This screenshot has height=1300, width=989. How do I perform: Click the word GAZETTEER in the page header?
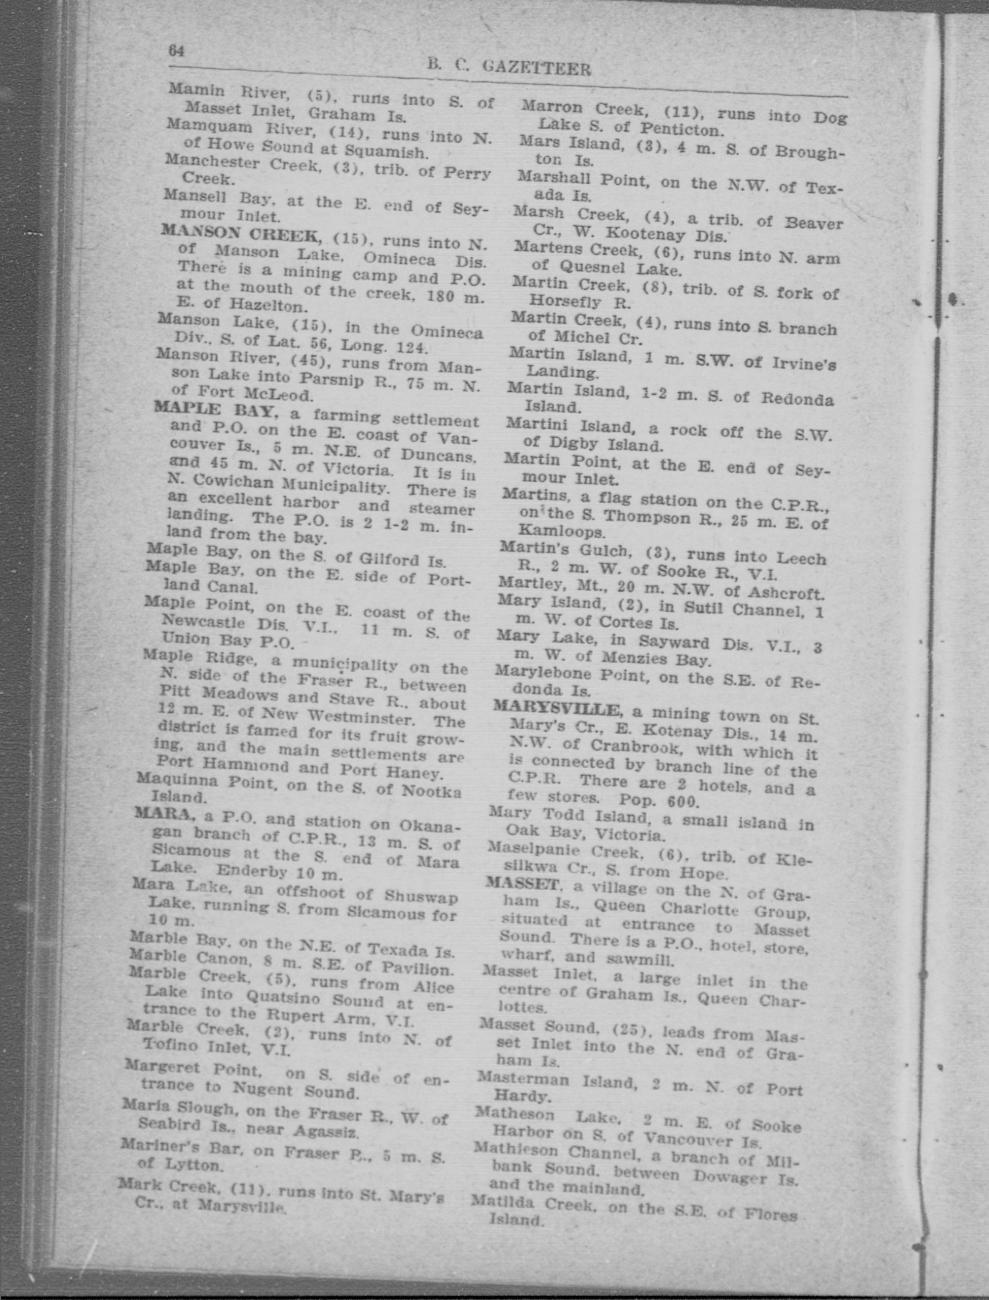point(536,69)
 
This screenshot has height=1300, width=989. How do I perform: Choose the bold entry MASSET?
point(522,883)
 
